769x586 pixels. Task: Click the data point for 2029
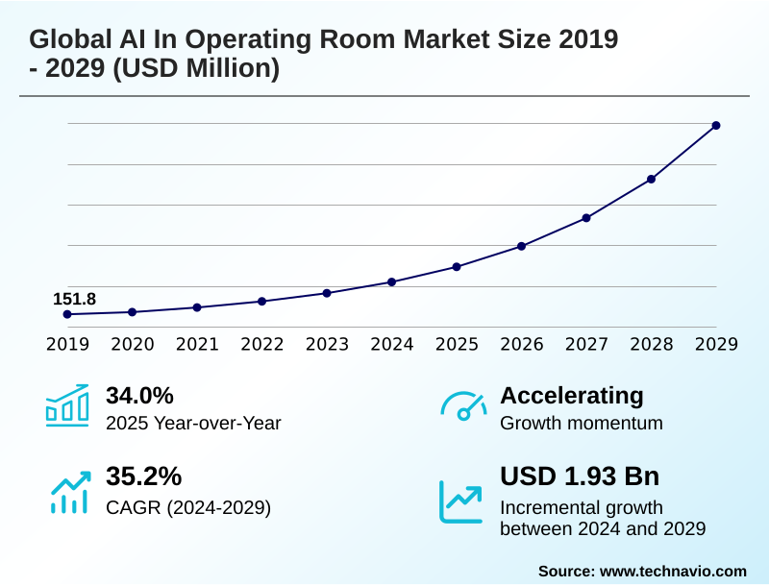click(716, 125)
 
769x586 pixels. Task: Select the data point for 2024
click(391, 281)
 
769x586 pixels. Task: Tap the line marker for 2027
click(586, 218)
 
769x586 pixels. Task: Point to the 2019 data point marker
click(67, 314)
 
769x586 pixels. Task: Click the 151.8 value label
click(74, 299)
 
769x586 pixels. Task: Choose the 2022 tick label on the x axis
click(261, 345)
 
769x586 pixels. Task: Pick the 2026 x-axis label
click(521, 345)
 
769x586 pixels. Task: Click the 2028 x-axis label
click(651, 345)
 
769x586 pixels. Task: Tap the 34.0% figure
click(139, 396)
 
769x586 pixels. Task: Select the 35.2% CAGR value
click(143, 477)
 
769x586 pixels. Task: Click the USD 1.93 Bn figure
click(580, 477)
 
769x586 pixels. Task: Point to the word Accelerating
click(572, 396)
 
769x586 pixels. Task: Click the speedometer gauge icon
click(463, 407)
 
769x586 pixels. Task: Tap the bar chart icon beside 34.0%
click(67, 405)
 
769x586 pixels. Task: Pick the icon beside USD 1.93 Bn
click(461, 501)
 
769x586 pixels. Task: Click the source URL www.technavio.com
click(673, 571)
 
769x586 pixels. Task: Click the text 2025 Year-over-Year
click(193, 423)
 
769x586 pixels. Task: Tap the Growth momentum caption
click(582, 423)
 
